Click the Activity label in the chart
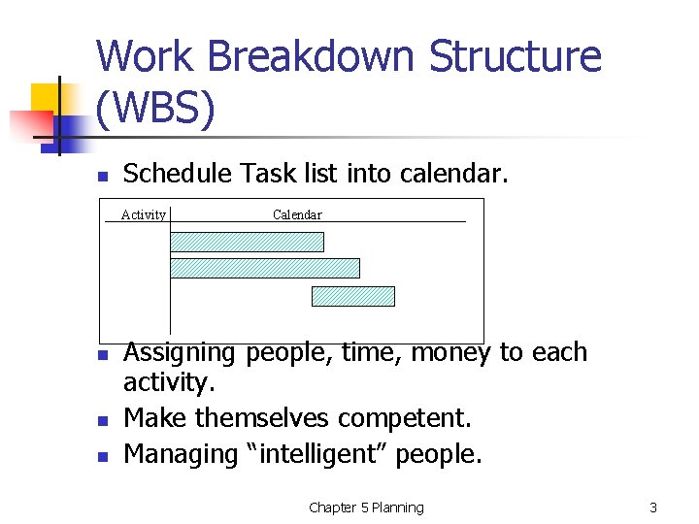[144, 214]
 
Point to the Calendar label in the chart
[297, 214]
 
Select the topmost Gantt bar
[247, 242]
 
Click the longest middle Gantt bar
[265, 268]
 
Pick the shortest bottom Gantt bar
[353, 296]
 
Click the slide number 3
[653, 508]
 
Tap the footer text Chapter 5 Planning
[366, 508]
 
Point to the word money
[451, 352]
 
